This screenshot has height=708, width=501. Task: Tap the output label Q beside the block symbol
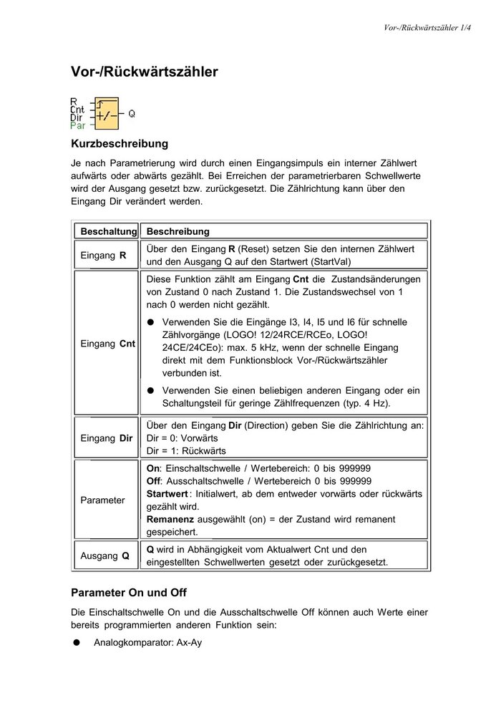131,113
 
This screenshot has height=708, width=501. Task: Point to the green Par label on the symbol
78,125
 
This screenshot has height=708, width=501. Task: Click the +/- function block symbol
104,113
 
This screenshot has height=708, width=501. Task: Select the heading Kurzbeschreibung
120,144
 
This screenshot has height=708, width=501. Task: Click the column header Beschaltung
108,232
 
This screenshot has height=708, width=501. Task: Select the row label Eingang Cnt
108,344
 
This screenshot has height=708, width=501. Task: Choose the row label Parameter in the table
102,500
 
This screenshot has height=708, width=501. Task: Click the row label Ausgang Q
105,555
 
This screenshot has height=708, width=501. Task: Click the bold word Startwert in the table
167,494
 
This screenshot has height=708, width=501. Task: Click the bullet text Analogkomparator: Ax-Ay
147,643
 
